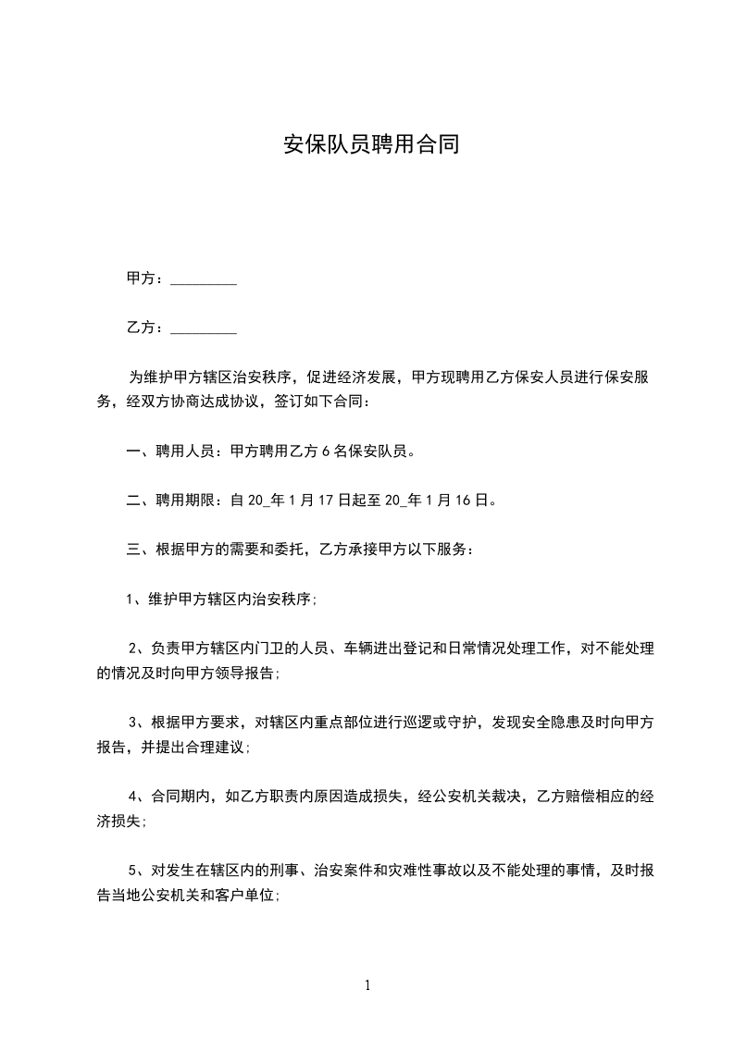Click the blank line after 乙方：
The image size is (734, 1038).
(204, 328)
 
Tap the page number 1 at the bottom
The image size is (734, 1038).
(367, 985)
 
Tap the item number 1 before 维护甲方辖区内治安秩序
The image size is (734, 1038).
(131, 598)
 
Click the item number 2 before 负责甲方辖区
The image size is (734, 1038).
(133, 646)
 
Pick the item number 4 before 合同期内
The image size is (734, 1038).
(133, 796)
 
